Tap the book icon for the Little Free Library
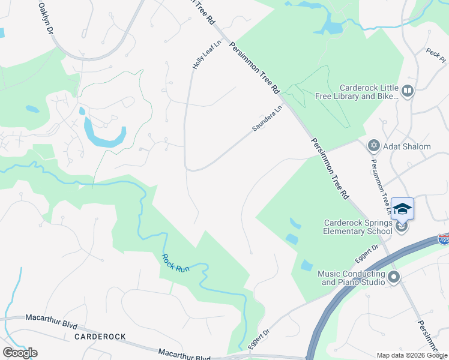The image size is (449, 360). [408, 91]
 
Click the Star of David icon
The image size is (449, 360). [373, 146]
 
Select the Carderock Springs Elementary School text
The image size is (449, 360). [358, 227]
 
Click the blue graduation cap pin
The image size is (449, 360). [402, 208]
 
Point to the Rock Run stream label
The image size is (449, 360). [175, 262]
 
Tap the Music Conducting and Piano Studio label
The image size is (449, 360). [351, 278]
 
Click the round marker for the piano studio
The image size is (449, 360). [394, 277]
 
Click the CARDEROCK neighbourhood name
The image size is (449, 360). [100, 337]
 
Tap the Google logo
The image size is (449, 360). [20, 353]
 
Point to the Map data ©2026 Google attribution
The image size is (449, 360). [411, 355]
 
